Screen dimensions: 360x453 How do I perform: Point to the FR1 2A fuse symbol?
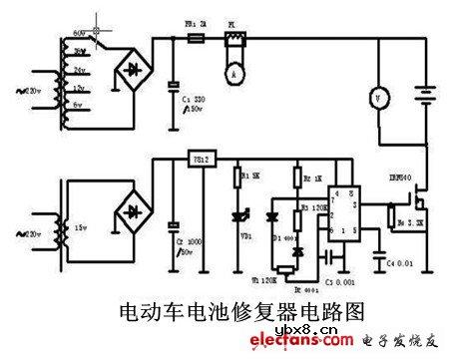click(x=197, y=41)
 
